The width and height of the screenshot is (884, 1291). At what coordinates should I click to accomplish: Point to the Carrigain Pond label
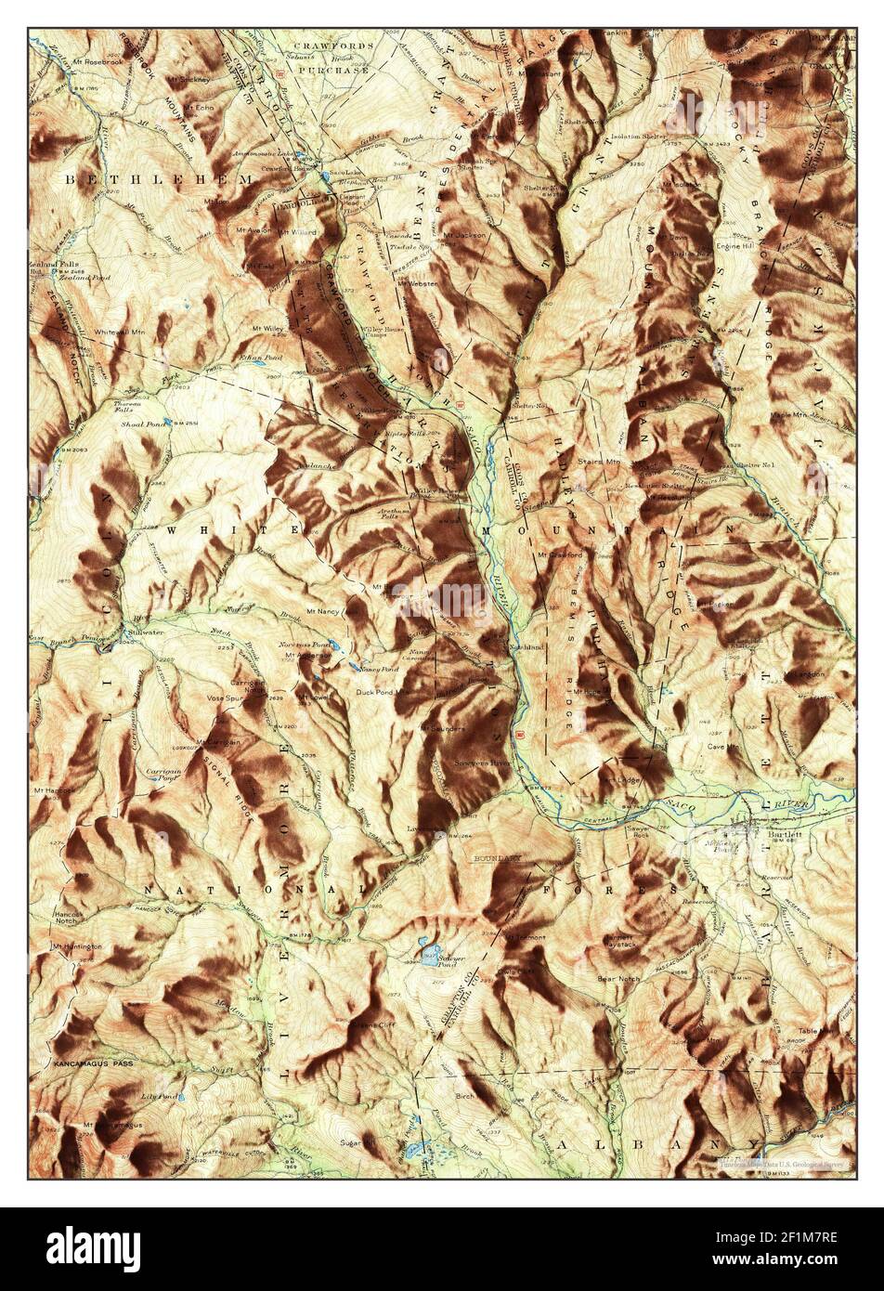click(x=162, y=773)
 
